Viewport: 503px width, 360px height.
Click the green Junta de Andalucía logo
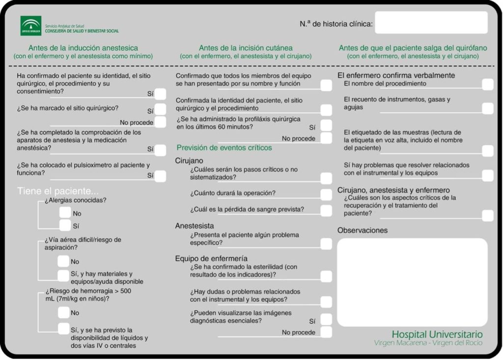pos(31,26)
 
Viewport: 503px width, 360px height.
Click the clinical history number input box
pos(431,23)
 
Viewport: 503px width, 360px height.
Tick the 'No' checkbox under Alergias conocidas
pos(65,213)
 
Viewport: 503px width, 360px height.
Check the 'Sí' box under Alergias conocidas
pos(65,225)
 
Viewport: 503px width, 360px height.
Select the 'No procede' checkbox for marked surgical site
pos(160,122)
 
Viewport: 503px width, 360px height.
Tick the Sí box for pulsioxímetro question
pos(160,176)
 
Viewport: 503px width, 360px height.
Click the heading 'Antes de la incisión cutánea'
pos(246,48)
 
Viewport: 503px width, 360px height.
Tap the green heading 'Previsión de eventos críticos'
pos(224,147)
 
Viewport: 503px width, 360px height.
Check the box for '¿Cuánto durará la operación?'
pos(326,194)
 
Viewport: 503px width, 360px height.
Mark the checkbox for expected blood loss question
pos(326,210)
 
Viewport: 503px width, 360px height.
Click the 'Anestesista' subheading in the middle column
pos(195,226)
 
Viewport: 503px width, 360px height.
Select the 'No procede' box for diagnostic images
pos(326,332)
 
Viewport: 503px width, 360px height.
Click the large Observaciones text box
pos(412,282)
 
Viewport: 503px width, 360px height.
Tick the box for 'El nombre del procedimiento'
pos(487,84)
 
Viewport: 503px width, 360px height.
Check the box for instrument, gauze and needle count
pos(487,108)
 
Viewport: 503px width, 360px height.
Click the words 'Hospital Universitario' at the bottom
pos(437,334)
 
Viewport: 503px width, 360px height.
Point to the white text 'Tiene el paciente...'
pos(57,191)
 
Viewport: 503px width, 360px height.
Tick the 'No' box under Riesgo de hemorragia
pos(64,312)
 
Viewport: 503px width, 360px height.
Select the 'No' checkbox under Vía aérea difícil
pos(63,261)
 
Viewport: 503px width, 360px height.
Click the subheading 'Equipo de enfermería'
pos(211,258)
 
